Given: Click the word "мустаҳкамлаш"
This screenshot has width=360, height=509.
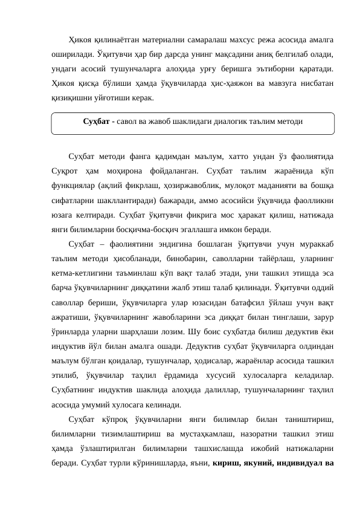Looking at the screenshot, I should (227, 433).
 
